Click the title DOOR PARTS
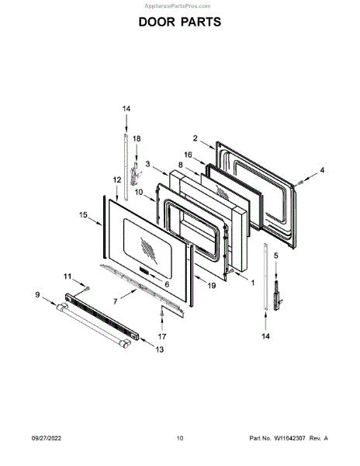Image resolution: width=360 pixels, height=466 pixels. pyautogui.click(x=180, y=22)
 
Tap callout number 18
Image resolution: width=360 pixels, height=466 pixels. pyautogui.click(x=137, y=138)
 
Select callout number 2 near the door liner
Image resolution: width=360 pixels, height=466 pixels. pyautogui.click(x=195, y=138)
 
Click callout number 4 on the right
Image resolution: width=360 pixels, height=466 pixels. pyautogui.click(x=322, y=170)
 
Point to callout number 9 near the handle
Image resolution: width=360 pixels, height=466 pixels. pyautogui.click(x=37, y=294)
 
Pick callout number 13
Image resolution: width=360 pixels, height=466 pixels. pyautogui.click(x=160, y=349)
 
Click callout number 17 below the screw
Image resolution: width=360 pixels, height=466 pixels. pyautogui.click(x=162, y=336)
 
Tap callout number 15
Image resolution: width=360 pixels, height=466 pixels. pyautogui.click(x=83, y=214)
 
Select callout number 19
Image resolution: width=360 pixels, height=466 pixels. pyautogui.click(x=212, y=286)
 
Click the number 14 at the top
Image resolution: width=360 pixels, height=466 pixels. pyautogui.click(x=126, y=109)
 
